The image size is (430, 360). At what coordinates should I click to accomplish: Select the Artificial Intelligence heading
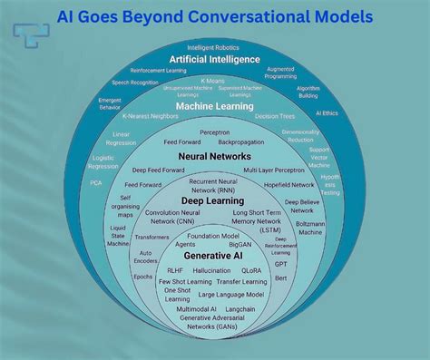point(215,60)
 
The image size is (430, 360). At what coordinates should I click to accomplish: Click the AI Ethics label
point(327,112)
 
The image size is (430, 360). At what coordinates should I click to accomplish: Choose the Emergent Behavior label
point(110,103)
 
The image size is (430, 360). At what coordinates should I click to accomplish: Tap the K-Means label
point(214,81)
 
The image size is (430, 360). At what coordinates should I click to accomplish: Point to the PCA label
point(96,182)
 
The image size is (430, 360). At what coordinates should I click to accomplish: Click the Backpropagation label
point(240,142)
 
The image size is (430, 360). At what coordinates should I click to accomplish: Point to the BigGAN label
point(240,244)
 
